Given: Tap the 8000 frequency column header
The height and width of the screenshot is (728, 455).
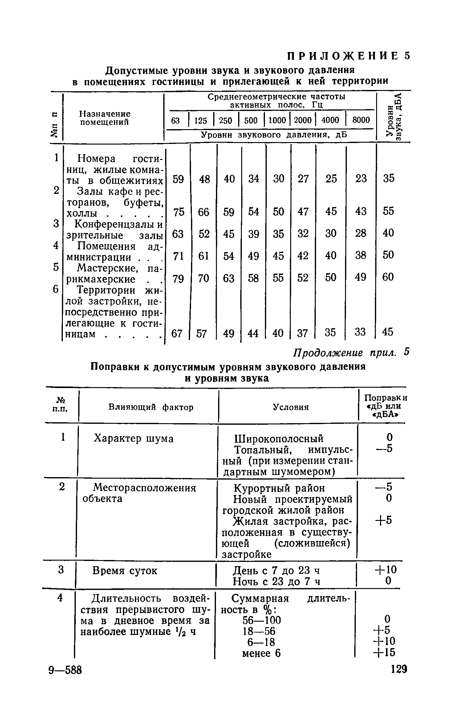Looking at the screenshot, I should tap(361, 120).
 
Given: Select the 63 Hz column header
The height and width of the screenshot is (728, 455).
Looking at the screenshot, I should tap(175, 120).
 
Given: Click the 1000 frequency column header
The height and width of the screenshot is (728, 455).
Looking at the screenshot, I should tap(278, 120).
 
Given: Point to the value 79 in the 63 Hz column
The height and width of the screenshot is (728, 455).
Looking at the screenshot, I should tap(178, 279).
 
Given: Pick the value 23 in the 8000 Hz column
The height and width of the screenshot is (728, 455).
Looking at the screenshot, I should tap(361, 178).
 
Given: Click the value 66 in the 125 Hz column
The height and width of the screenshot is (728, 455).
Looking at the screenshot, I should tap(204, 212).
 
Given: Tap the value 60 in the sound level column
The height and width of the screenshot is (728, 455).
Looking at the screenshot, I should tap(388, 277).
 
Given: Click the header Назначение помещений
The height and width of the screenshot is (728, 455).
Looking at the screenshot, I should tap(105, 118).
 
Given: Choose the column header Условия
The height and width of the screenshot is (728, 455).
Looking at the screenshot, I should tap(290, 407).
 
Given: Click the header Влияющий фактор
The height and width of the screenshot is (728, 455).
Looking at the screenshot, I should tap(151, 407).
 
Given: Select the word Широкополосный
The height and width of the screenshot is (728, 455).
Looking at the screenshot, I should tap(279, 439).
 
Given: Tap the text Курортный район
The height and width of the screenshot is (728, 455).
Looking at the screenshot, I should tap(279, 488).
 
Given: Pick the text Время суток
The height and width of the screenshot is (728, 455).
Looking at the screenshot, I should tap(125, 571).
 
